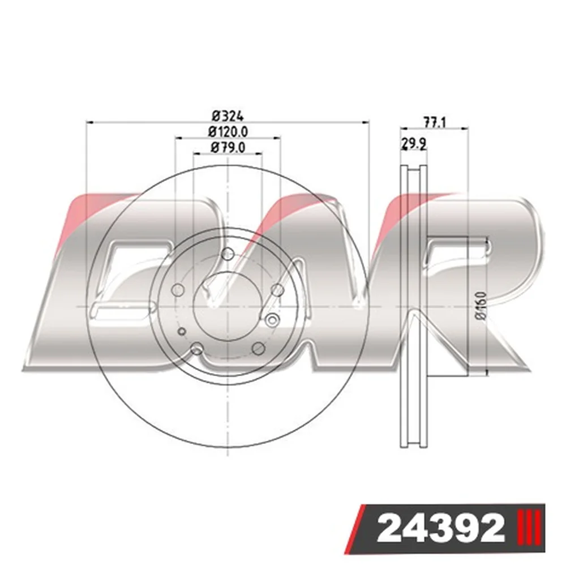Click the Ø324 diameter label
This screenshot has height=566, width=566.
[228, 116]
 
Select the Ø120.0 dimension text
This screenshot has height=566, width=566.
[228, 132]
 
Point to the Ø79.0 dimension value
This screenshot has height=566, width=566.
[228, 147]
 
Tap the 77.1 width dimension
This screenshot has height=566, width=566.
[435, 123]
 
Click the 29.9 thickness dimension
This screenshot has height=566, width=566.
[414, 144]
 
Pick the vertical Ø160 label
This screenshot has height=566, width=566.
[482, 306]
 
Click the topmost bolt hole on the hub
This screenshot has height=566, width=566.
[228, 254]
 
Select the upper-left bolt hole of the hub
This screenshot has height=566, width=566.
[178, 289]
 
